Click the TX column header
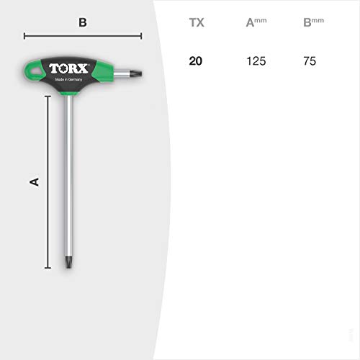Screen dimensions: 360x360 pyautogui.click(x=197, y=23)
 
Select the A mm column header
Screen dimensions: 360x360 pyautogui.click(x=256, y=22)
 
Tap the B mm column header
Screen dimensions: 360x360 pyautogui.click(x=313, y=22)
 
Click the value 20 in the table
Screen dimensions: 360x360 pyautogui.click(x=196, y=61)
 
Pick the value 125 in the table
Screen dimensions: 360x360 pyautogui.click(x=256, y=61)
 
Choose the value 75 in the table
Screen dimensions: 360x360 pyautogui.click(x=310, y=61)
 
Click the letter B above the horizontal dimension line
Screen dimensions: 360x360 pyautogui.click(x=83, y=22)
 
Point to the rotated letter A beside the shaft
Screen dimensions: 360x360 pyautogui.click(x=34, y=182)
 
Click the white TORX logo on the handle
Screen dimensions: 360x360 pyautogui.click(x=69, y=68)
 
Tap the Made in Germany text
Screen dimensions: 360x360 pyautogui.click(x=68, y=79)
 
